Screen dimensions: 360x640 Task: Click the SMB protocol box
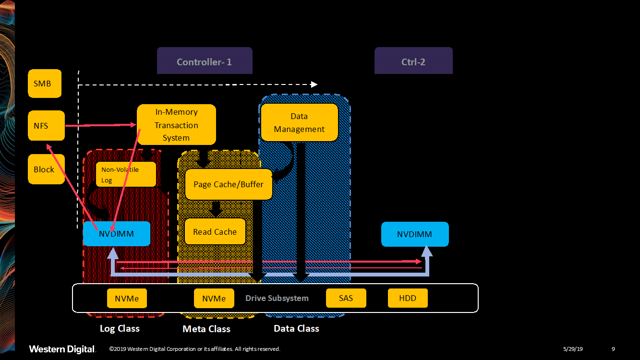tap(45, 84)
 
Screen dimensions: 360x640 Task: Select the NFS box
tap(46, 126)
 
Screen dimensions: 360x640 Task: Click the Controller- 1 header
tap(205, 61)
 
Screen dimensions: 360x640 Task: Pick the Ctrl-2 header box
tap(413, 61)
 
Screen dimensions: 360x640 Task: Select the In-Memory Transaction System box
tap(176, 125)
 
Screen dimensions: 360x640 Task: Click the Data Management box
tap(299, 122)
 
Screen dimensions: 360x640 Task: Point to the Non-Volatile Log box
tap(126, 175)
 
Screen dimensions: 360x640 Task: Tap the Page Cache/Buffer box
tap(229, 184)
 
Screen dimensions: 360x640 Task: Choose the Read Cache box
tap(215, 232)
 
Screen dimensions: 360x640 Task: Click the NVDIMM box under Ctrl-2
tap(415, 234)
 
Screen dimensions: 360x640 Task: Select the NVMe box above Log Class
tap(127, 299)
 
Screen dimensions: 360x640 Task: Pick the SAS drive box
tap(346, 298)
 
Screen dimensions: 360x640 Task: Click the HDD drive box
tap(408, 298)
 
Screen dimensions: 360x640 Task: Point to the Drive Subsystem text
tap(277, 298)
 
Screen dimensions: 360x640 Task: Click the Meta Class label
tap(206, 329)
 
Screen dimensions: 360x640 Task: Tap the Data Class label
tap(296, 329)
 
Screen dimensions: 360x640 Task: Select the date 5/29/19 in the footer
tap(573, 349)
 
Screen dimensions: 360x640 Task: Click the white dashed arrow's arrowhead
tap(314, 84)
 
